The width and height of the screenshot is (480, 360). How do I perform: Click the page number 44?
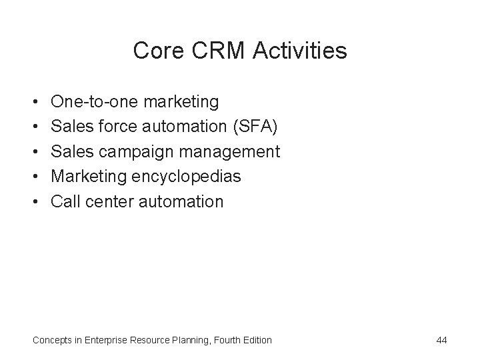pyautogui.click(x=441, y=340)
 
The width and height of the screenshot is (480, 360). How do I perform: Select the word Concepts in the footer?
pyautogui.click(x=53, y=340)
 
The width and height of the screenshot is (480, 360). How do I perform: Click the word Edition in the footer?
pyautogui.click(x=256, y=340)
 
